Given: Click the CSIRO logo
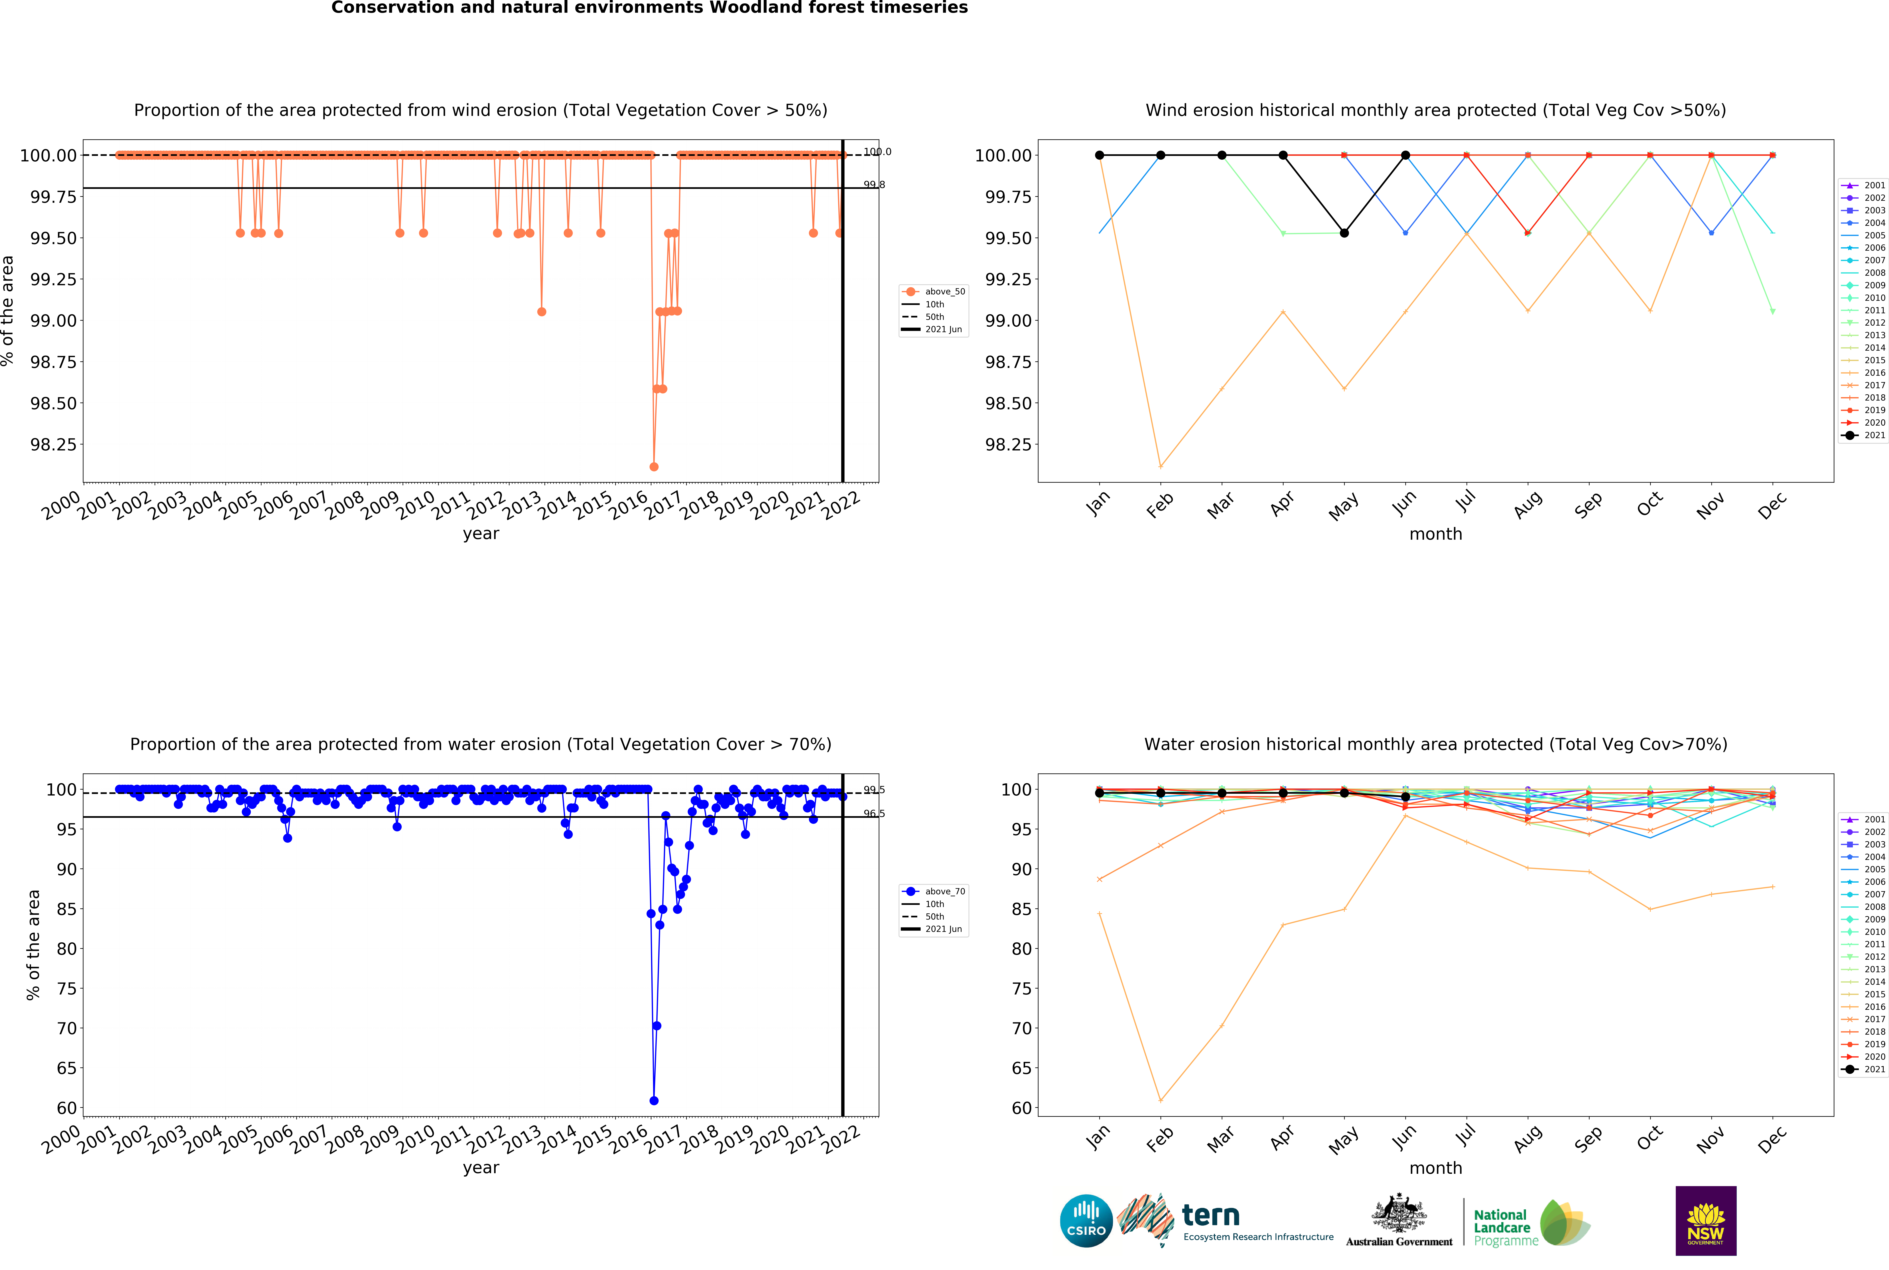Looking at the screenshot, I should pos(1086,1220).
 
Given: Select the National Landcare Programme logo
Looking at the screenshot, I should pos(1530,1223).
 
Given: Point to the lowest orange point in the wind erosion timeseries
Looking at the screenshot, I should pos(653,467).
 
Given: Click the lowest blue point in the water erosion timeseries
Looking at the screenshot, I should pos(653,1101).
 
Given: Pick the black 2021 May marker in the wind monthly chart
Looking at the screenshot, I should pos(1344,233).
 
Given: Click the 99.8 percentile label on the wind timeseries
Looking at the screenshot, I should pos(874,185).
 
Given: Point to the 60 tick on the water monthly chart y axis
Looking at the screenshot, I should pos(1022,1108).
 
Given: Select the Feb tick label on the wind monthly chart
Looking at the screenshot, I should pos(1160,505).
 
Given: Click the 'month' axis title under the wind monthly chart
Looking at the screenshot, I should pos(1436,534).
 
